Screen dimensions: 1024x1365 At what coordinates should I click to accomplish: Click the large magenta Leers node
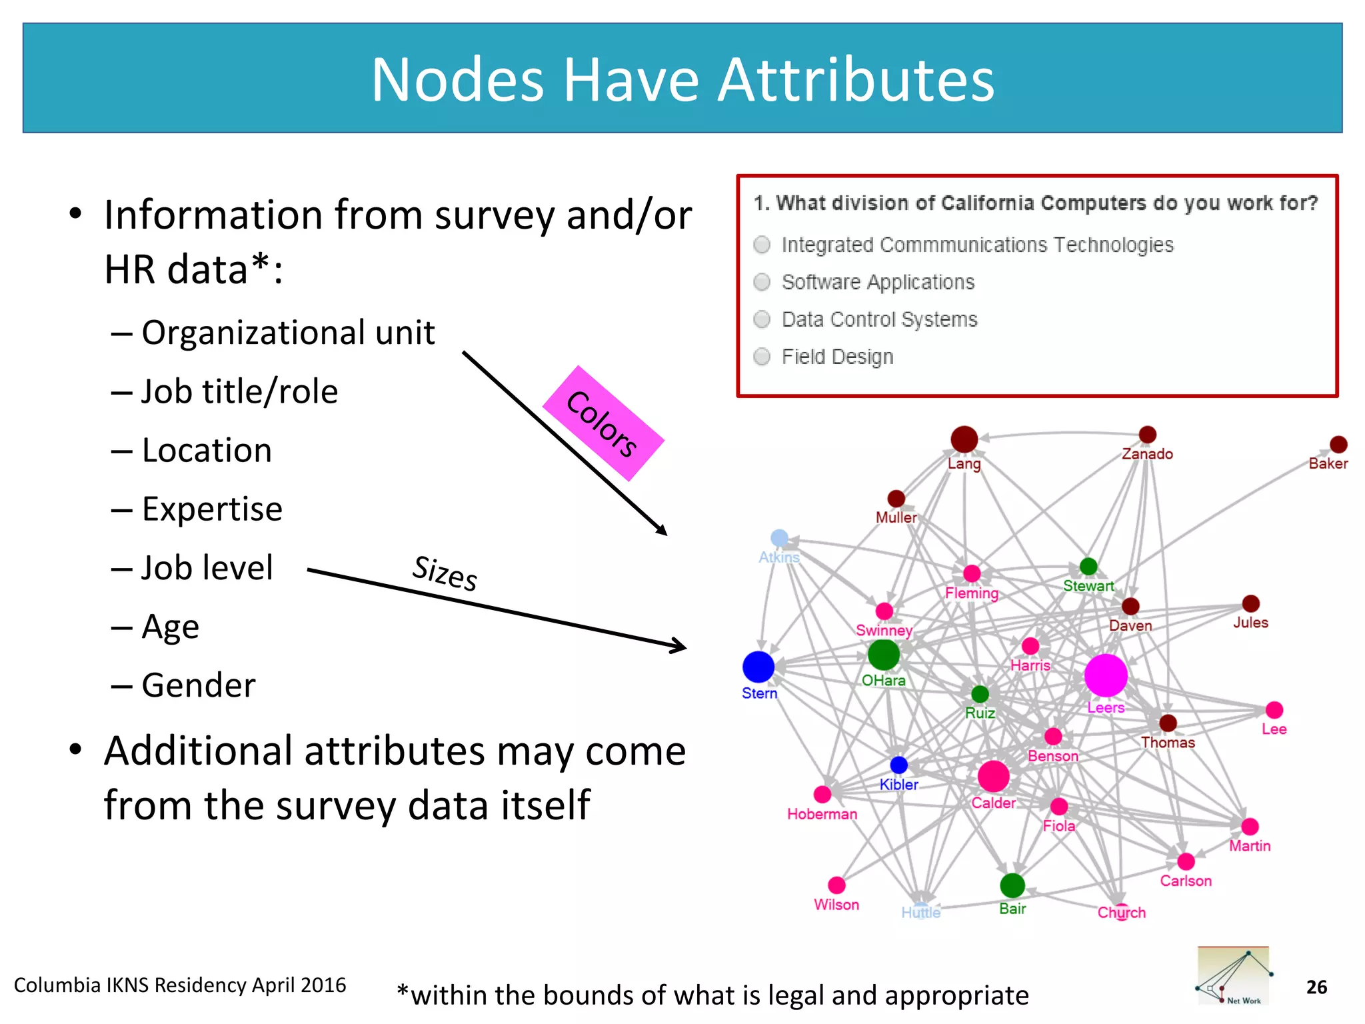click(1106, 675)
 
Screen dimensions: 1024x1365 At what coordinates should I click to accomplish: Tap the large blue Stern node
click(758, 667)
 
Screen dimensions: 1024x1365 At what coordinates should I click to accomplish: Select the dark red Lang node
click(964, 439)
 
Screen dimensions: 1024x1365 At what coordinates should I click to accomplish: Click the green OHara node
click(884, 654)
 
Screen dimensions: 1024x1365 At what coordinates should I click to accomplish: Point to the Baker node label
click(1328, 463)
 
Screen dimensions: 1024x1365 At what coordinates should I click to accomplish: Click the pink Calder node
click(993, 776)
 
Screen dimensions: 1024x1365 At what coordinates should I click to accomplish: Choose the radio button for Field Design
click(762, 357)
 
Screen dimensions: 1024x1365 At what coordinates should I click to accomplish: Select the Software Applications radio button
click(762, 282)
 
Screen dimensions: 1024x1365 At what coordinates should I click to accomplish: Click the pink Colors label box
click(603, 423)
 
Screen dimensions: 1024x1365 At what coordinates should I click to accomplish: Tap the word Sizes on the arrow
click(445, 573)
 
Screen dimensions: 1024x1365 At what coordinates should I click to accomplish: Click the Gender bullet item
click(198, 685)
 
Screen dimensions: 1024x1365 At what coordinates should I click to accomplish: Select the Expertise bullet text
click(212, 509)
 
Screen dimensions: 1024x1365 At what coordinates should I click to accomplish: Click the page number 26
click(1316, 987)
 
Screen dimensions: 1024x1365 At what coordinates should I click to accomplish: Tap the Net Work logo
click(1233, 975)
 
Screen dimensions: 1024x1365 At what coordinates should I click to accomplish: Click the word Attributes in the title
click(856, 80)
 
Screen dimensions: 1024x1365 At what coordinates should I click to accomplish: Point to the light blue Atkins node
click(779, 537)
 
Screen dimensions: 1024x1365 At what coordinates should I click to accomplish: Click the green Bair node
click(1012, 885)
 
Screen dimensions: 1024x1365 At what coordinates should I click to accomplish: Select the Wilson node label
click(836, 905)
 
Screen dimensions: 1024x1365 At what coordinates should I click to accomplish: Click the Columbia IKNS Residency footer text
click(180, 985)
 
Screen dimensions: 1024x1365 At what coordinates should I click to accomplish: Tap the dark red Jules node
click(1250, 603)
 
